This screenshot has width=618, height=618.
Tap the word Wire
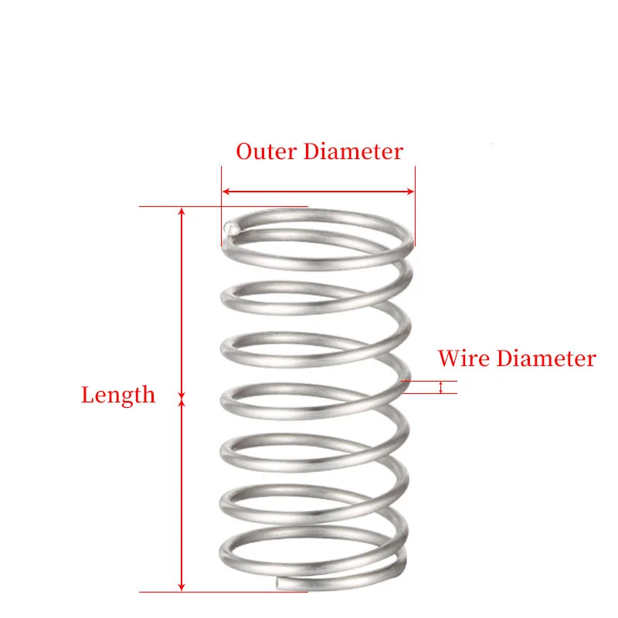coord(463,358)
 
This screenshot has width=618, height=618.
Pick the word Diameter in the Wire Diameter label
coord(546,358)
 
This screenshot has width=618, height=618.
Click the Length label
coord(118,395)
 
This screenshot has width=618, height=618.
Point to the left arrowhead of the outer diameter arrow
coord(226,191)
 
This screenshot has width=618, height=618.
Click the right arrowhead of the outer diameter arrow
coord(410,191)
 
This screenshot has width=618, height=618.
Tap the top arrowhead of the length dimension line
coord(182,212)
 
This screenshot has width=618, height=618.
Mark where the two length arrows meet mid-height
coord(182,399)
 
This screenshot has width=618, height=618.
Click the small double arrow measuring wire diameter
coord(441,387)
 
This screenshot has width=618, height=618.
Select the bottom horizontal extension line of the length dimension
coord(224,593)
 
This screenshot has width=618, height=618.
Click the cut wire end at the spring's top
coord(231,228)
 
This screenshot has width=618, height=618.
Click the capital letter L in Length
coord(87,395)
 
